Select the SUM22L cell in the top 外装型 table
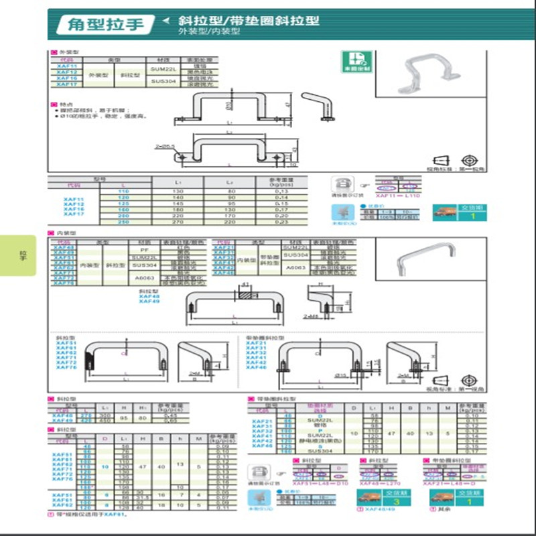(163, 70)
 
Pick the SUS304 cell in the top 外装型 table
(163, 81)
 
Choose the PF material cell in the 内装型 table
(143, 249)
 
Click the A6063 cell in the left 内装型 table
(143, 277)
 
